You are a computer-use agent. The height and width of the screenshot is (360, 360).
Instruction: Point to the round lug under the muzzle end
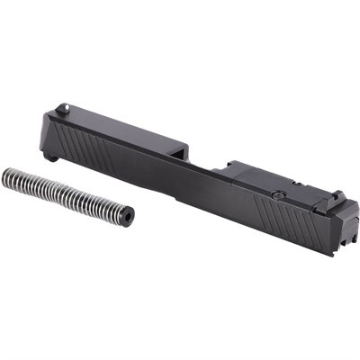tap(54, 157)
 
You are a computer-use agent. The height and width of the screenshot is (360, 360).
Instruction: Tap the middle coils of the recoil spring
tap(63, 193)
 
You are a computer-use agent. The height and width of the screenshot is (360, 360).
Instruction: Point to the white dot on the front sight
tap(62, 110)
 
